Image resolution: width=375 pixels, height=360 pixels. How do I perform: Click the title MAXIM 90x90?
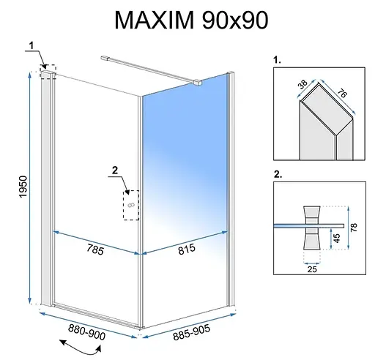pos(187,21)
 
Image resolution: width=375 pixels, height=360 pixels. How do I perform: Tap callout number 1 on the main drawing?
pos(30,47)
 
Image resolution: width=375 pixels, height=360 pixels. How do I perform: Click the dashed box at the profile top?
pos(48,72)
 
